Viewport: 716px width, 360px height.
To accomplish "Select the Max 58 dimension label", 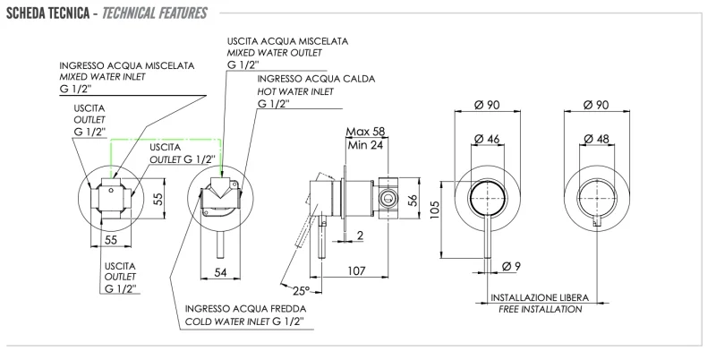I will (x=366, y=133).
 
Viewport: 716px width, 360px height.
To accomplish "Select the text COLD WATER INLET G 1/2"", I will (x=244, y=321).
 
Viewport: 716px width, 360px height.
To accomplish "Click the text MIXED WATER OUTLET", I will (x=273, y=53).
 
